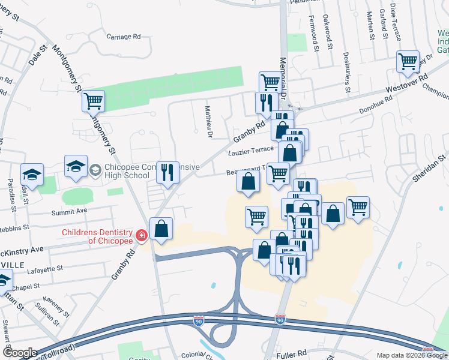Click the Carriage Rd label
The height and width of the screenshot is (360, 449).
[123, 37]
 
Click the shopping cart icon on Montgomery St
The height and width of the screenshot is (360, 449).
[94, 101]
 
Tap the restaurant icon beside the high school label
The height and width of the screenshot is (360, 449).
[167, 172]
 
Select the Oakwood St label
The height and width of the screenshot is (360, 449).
[328, 28]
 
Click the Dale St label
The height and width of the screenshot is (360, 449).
[38, 54]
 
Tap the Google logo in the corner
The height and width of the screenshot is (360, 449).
[19, 353]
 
